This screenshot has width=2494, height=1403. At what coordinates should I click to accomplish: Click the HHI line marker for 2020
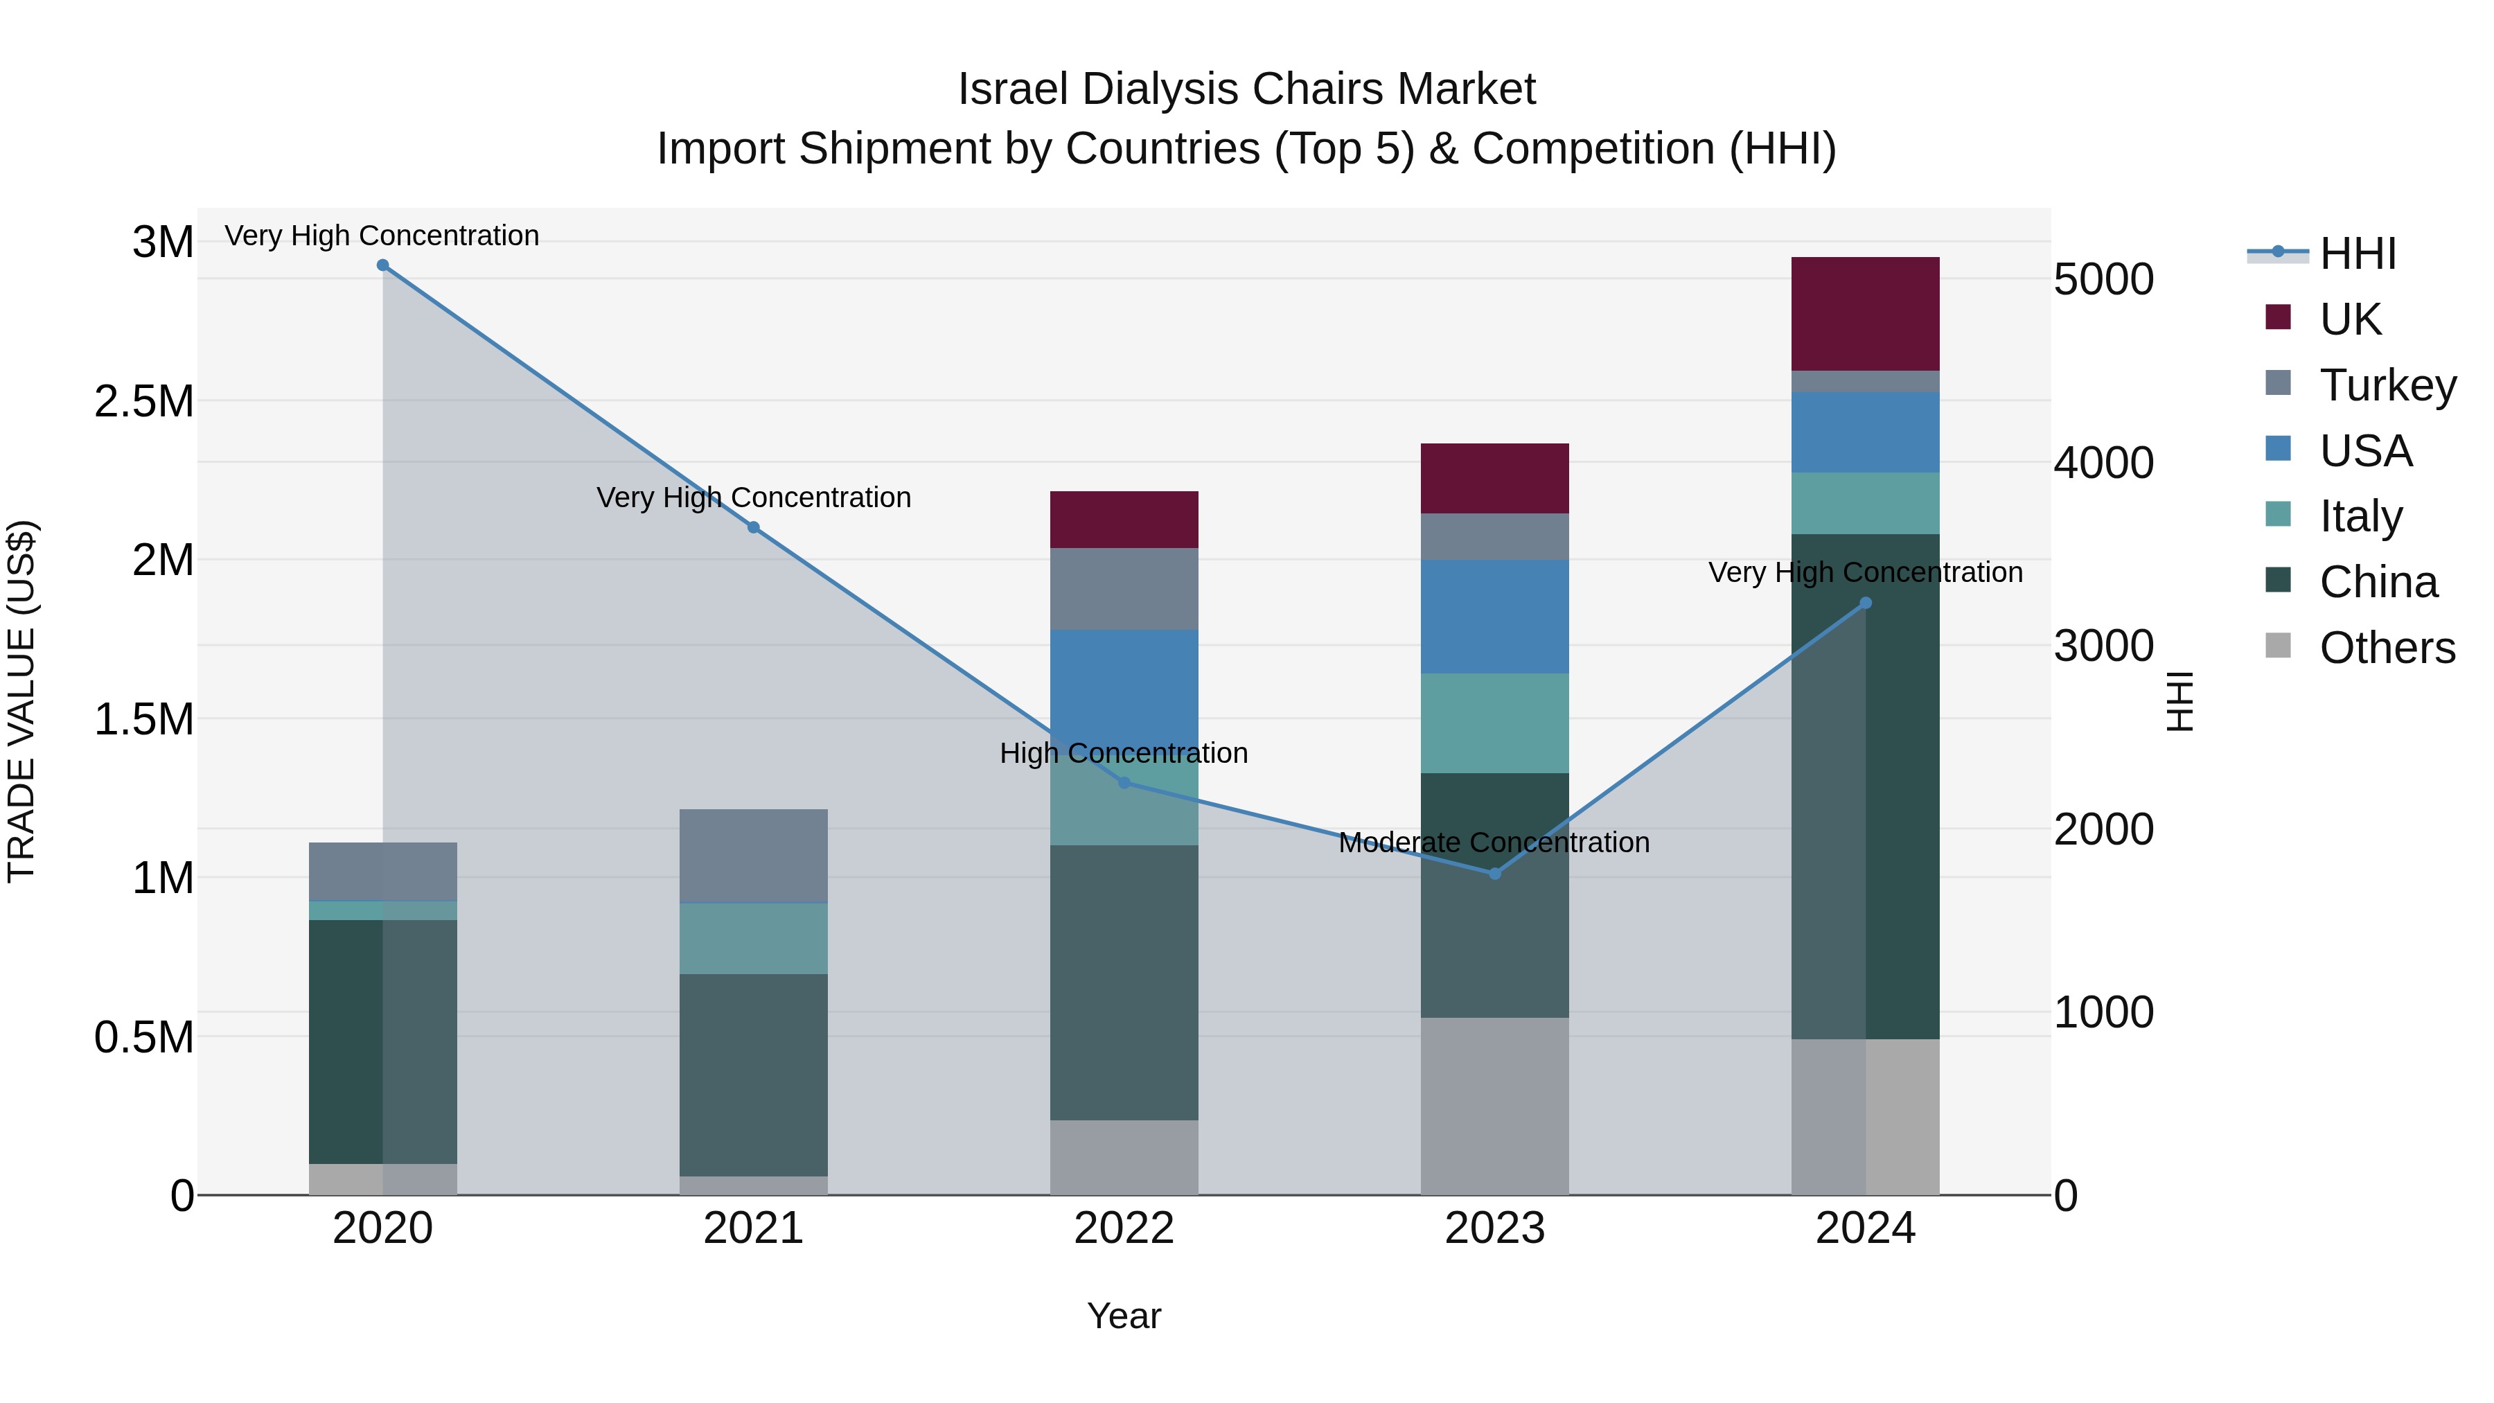[382, 265]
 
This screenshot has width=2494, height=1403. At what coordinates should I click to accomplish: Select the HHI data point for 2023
[1494, 874]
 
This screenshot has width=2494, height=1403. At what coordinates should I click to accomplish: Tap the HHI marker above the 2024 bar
[1866, 603]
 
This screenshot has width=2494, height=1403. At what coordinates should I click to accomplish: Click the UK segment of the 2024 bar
[1865, 314]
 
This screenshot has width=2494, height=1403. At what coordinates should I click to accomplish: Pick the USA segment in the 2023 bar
[1494, 616]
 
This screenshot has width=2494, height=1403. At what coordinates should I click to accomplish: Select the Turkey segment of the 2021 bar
[753, 855]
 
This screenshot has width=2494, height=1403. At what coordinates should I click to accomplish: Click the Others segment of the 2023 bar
[1494, 1106]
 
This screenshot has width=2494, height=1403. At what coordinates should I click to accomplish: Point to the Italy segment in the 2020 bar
[382, 910]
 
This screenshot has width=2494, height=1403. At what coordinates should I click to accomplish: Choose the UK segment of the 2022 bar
[1123, 520]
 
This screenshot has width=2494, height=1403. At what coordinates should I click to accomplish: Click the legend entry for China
[2378, 582]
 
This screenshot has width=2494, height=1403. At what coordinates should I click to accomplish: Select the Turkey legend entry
[2387, 385]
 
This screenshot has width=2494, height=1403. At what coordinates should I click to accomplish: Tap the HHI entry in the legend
[2357, 254]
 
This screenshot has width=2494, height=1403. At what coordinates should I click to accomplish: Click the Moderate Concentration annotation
[1494, 842]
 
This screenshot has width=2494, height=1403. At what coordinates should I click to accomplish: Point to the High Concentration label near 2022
[1123, 753]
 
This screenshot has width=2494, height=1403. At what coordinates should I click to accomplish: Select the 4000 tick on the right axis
[2103, 463]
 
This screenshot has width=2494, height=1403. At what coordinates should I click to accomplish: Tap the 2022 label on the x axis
[1123, 1228]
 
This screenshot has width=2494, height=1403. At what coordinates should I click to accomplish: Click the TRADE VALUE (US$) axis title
[21, 701]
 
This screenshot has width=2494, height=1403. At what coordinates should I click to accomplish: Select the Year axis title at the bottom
[1123, 1316]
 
